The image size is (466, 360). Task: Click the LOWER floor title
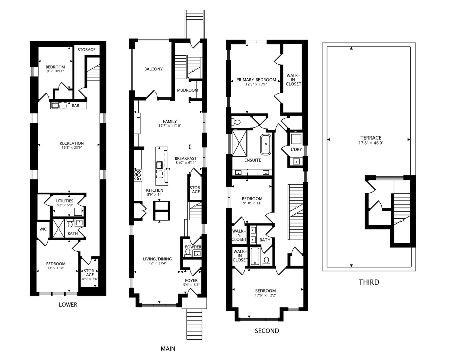point(68,305)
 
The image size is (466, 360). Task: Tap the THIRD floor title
point(369,282)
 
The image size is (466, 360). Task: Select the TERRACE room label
point(371,138)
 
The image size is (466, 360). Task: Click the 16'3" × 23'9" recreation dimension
point(71,148)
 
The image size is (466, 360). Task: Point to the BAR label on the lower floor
point(75,106)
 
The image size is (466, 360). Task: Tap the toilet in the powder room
point(188,253)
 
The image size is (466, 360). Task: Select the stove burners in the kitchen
point(138,175)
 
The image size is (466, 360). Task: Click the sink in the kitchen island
point(159,165)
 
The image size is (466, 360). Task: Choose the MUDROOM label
point(187,90)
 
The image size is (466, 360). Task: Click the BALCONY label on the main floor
point(153,69)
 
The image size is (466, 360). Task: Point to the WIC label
point(43,229)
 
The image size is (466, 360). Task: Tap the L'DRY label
point(296,149)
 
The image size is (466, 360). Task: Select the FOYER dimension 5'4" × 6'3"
point(191,285)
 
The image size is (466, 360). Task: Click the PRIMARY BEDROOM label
point(256,80)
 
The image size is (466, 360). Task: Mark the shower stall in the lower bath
point(59,228)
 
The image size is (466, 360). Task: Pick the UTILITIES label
point(65,201)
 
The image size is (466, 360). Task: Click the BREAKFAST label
point(186,158)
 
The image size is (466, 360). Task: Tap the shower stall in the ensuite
point(240,143)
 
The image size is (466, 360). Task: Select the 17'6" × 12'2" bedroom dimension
point(265,295)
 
